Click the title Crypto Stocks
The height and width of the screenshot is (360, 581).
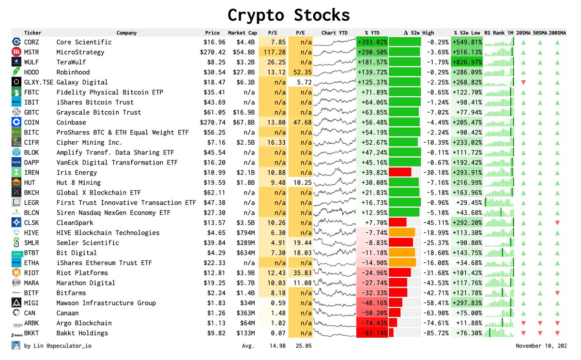(x=289, y=15)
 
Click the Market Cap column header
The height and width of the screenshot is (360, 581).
(x=243, y=33)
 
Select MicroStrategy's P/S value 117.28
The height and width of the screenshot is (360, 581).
(x=274, y=52)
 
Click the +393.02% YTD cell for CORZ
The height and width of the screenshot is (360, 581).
(x=372, y=42)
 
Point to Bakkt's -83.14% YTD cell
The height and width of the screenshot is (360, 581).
(x=372, y=333)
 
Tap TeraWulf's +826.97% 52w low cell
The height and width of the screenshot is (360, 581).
(x=467, y=62)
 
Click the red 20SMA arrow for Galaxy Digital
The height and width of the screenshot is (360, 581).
(x=523, y=82)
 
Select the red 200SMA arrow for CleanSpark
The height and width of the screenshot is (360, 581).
(x=558, y=223)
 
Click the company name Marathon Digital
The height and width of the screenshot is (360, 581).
(x=86, y=283)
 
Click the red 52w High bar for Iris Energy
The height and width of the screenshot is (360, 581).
(x=400, y=173)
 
